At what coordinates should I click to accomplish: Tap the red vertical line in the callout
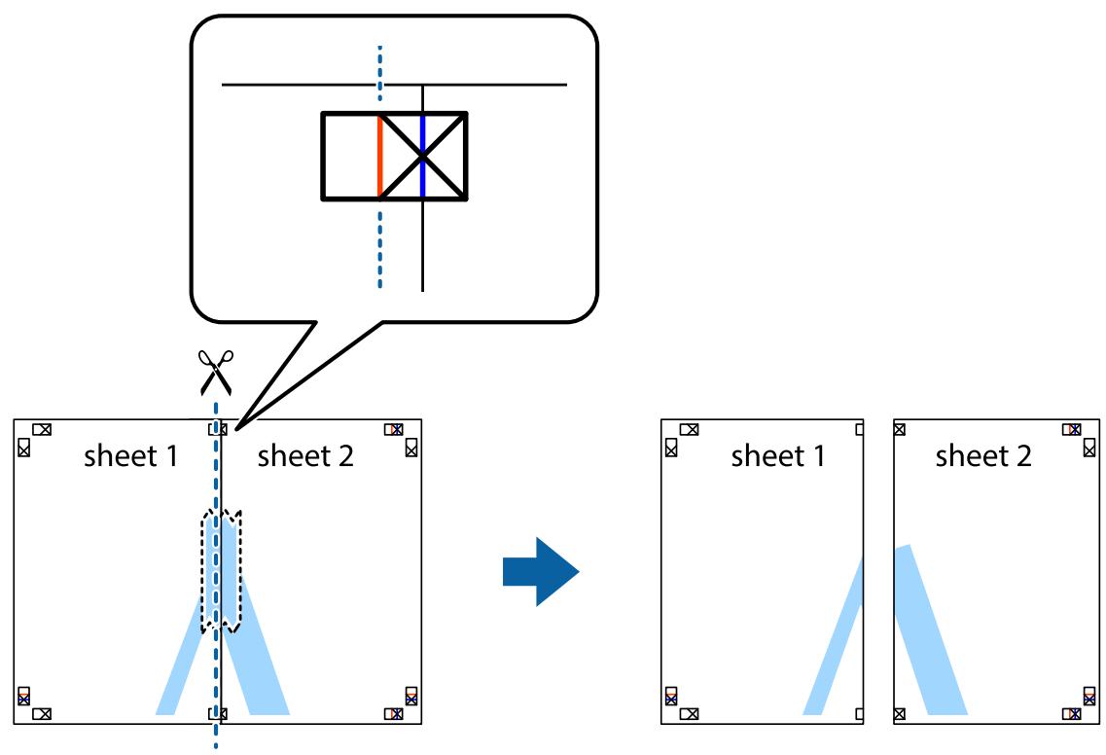coord(379,156)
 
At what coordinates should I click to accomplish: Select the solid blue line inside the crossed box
coord(422,156)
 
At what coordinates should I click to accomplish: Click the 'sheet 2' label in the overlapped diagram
coord(305,456)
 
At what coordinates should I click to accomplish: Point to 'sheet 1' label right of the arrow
coord(777,456)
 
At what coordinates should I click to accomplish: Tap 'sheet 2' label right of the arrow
coord(982,456)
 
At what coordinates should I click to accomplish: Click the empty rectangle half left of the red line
coord(350,156)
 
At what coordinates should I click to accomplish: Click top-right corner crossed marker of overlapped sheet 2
coord(394,428)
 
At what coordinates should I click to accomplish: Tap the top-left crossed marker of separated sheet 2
coord(898,428)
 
